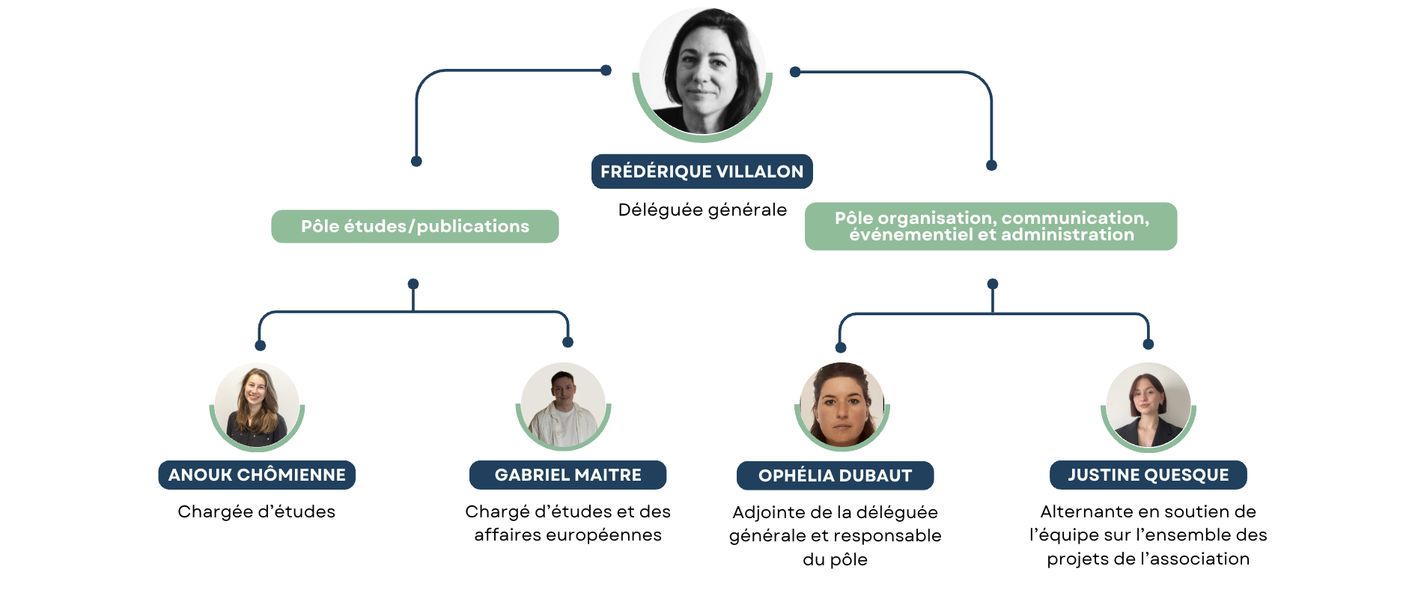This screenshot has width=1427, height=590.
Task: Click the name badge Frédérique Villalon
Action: (x=702, y=171)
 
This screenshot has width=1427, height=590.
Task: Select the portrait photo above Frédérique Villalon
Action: (x=702, y=72)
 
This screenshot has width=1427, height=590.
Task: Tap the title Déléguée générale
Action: (x=702, y=210)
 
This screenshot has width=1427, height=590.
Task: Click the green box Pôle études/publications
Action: (x=415, y=226)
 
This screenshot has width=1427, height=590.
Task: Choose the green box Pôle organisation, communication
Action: (x=991, y=226)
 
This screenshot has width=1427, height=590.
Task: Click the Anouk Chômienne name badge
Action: (x=257, y=475)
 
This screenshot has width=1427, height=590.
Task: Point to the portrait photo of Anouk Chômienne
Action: (x=257, y=405)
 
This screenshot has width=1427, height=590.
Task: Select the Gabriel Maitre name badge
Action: (x=568, y=475)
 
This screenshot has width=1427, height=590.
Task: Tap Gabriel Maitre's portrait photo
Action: (x=563, y=405)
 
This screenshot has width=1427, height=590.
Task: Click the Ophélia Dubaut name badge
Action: (x=835, y=475)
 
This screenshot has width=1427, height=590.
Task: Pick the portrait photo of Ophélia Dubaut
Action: (x=842, y=405)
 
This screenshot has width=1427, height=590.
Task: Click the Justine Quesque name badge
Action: (x=1148, y=475)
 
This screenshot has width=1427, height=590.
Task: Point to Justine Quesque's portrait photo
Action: (x=1148, y=405)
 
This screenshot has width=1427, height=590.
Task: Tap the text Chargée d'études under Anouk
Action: (x=256, y=511)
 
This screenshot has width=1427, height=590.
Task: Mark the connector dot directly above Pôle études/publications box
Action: (x=416, y=161)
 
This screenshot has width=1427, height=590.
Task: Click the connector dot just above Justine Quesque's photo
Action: (x=1148, y=344)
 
